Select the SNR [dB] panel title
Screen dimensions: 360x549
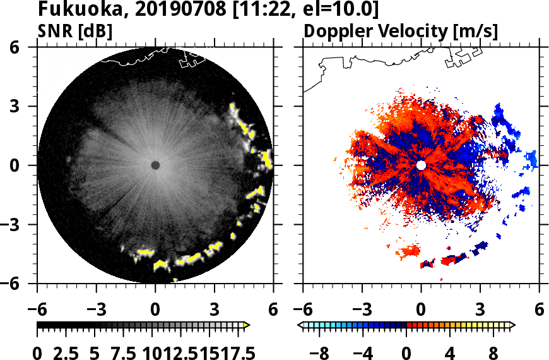pos(76,31)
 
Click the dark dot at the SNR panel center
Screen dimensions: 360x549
pos(155,165)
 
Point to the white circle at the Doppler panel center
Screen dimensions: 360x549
pos(421,165)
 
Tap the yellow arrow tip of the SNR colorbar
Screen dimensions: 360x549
pos(247,325)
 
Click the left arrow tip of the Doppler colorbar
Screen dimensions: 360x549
pos(300,325)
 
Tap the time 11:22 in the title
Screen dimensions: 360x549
pos(272,9)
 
